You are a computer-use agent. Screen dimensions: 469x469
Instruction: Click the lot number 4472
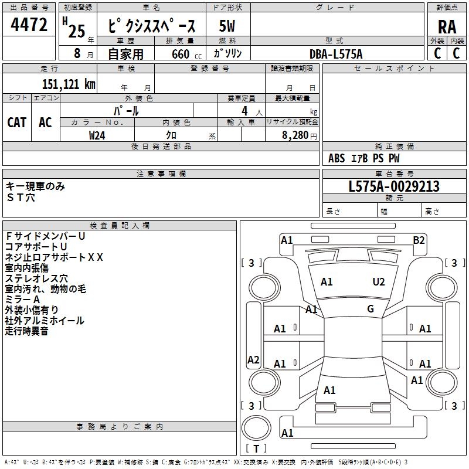point(29,25)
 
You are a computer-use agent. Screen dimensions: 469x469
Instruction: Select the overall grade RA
point(447,27)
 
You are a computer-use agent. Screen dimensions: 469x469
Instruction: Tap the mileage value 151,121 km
point(69,84)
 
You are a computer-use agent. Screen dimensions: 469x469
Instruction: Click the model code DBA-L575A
point(336,54)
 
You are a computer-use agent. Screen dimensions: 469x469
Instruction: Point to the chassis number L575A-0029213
point(394,186)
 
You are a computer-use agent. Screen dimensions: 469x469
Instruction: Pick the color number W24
point(97,135)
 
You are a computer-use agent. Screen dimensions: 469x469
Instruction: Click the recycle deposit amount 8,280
point(295,135)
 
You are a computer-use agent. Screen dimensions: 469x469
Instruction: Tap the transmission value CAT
point(17,123)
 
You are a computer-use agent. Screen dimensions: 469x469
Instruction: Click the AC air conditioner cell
point(46,123)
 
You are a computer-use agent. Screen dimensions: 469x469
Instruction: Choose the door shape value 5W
point(227,26)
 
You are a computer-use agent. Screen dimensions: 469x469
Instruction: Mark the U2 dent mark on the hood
point(378,282)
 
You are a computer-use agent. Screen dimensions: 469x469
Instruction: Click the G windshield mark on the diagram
point(371,309)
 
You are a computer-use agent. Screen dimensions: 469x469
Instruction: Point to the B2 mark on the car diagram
point(419,240)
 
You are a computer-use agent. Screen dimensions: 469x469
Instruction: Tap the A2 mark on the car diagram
point(253,359)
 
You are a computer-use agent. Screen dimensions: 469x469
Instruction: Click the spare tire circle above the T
point(256,428)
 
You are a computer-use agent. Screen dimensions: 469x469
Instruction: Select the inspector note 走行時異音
point(26,331)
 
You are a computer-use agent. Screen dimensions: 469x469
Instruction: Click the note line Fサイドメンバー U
point(45,236)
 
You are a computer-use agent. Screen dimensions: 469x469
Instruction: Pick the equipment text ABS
point(337,158)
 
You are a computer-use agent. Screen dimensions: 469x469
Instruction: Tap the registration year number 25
point(77,32)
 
